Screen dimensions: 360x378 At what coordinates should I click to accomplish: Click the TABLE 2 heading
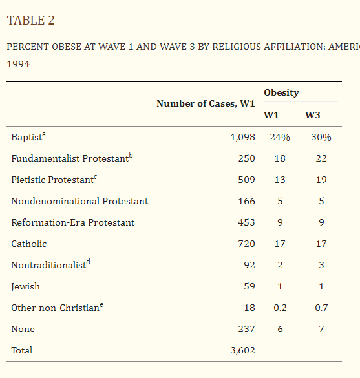click(30, 20)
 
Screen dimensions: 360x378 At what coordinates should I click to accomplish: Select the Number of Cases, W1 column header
click(206, 103)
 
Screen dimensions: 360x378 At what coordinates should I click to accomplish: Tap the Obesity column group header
click(281, 92)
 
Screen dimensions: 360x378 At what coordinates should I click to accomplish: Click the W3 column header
click(313, 115)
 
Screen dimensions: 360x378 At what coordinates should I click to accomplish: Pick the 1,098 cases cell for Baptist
click(242, 137)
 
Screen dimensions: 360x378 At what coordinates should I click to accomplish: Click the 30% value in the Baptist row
click(321, 137)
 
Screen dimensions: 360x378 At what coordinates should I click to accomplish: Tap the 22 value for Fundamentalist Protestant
click(321, 158)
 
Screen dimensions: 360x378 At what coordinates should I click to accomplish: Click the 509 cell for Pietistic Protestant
click(246, 180)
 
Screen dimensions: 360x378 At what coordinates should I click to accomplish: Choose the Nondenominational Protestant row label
click(79, 201)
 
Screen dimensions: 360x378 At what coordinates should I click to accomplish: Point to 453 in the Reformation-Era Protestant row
click(246, 222)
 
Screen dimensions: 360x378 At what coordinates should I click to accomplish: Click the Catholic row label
click(29, 244)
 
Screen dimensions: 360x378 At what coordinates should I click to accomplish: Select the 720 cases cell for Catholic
click(246, 244)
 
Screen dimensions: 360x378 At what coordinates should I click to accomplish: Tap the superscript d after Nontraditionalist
click(89, 262)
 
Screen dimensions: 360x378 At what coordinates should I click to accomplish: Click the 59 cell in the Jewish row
click(249, 286)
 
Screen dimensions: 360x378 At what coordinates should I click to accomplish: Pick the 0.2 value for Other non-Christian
click(280, 308)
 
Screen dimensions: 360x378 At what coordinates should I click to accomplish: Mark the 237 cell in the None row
click(246, 329)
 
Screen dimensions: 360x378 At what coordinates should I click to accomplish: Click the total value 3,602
click(242, 350)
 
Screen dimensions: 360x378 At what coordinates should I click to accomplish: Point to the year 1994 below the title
click(18, 64)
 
